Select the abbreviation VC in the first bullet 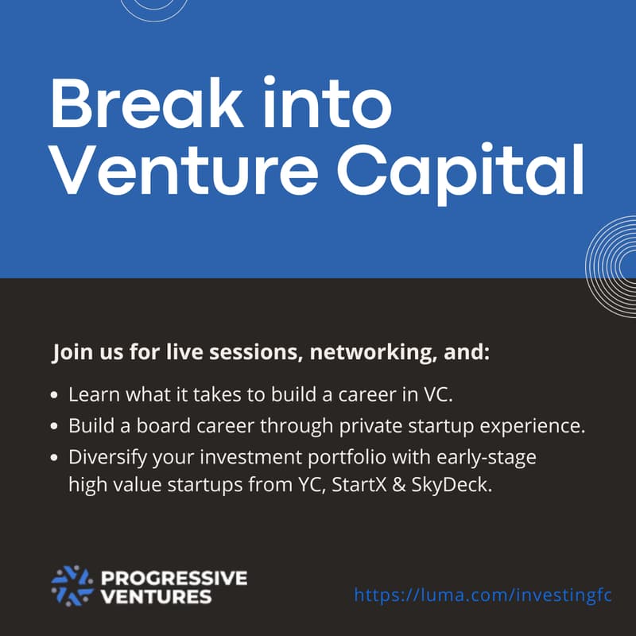(440, 394)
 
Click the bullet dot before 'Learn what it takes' (54, 394)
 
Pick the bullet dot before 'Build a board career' (54, 426)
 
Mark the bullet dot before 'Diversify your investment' (54, 458)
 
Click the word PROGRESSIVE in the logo (174, 577)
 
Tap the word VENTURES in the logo (156, 596)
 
